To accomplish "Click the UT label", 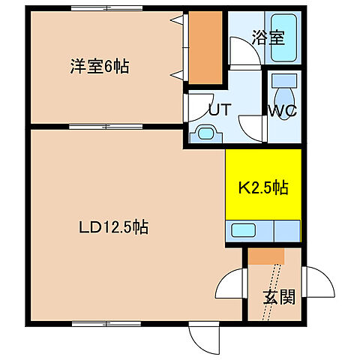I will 218,109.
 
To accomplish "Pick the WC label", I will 283,110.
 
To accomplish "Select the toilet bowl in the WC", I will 284,96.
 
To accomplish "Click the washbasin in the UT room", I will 206,133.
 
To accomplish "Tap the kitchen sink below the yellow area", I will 244,231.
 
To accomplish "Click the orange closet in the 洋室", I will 205,48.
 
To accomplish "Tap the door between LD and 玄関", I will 230,285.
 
